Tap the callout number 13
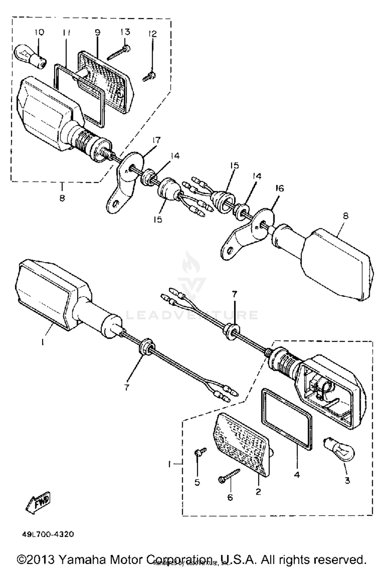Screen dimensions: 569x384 point(125,32)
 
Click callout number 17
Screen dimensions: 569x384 point(156,140)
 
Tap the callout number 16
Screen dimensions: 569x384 point(280,189)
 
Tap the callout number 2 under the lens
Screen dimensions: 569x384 point(258,491)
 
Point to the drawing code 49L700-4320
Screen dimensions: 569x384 point(48,532)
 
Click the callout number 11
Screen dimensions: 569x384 point(66,33)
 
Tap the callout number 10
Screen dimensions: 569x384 point(39,32)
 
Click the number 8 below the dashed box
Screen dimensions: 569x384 point(62,198)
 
